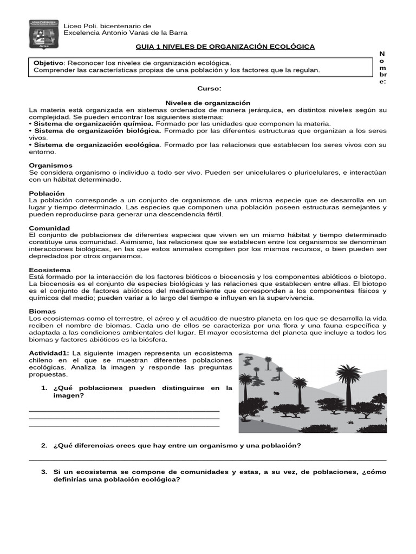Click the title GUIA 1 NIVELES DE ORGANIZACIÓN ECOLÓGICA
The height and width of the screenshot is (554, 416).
point(225,47)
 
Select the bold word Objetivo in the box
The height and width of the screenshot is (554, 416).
point(49,63)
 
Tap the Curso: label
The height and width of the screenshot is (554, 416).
point(209,88)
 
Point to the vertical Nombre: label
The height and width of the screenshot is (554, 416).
point(382,68)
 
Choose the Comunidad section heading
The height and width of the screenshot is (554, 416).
point(49,228)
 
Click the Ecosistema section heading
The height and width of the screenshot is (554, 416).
point(50,270)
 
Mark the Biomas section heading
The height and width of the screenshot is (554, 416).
point(42,312)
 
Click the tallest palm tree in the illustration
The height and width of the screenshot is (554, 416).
point(348,379)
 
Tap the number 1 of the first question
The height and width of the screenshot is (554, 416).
point(44,388)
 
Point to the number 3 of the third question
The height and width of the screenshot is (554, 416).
point(44,472)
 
